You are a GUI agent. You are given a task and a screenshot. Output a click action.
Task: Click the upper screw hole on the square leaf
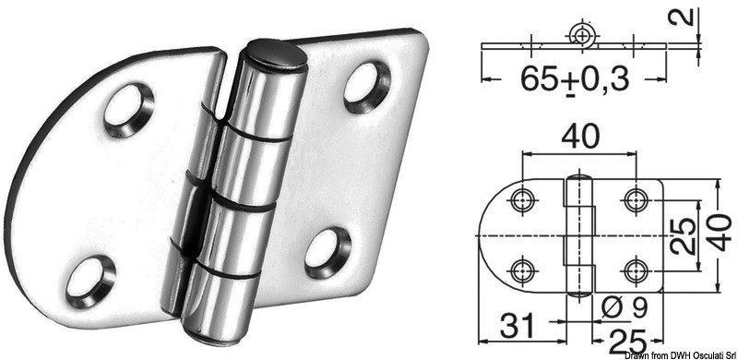[364, 82]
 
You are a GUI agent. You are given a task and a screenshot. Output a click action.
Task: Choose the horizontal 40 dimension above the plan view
[580, 138]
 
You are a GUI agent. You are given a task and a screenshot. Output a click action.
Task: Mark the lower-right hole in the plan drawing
[634, 269]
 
